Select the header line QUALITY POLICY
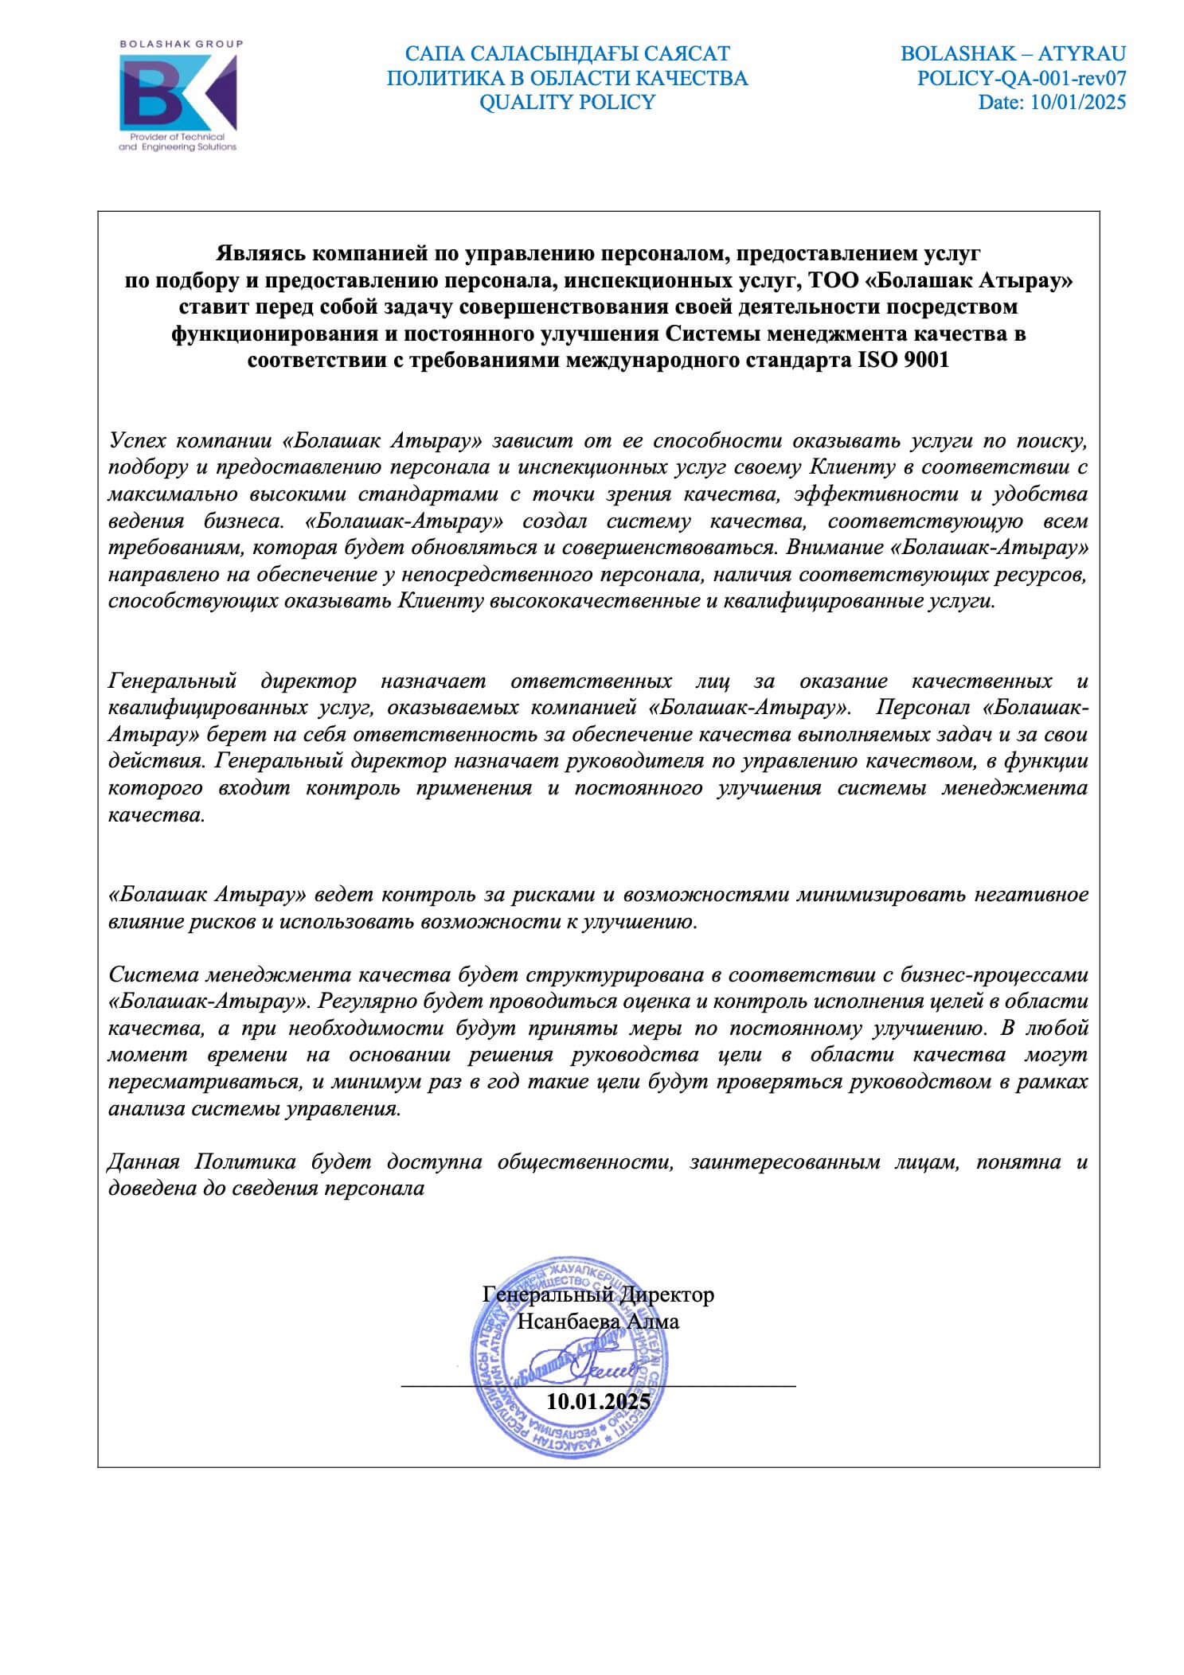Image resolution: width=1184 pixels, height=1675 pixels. click(x=567, y=102)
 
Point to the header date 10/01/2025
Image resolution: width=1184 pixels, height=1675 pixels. click(x=1078, y=102)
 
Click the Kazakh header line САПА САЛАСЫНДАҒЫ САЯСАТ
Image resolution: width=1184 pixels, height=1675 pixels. click(x=567, y=53)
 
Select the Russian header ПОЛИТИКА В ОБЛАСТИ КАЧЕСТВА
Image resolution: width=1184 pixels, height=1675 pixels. click(x=567, y=78)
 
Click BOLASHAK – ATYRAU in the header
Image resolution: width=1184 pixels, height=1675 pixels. click(x=1013, y=53)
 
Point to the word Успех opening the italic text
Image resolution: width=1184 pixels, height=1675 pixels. click(x=135, y=440)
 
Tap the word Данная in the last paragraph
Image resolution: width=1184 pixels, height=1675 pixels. click(x=143, y=1162)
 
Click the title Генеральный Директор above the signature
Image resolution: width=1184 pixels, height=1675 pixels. click(x=599, y=1294)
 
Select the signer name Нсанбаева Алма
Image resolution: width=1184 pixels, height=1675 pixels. click(x=598, y=1322)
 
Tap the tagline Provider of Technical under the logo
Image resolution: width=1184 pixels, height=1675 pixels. click(x=178, y=138)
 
